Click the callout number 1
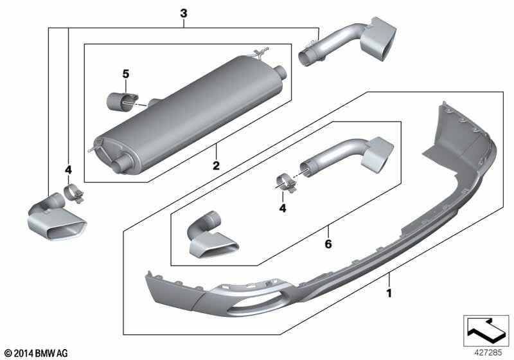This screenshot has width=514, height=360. pyautogui.click(x=388, y=294)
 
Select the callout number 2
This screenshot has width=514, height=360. pyautogui.click(x=217, y=166)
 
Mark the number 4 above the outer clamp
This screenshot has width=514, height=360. pyautogui.click(x=68, y=170)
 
